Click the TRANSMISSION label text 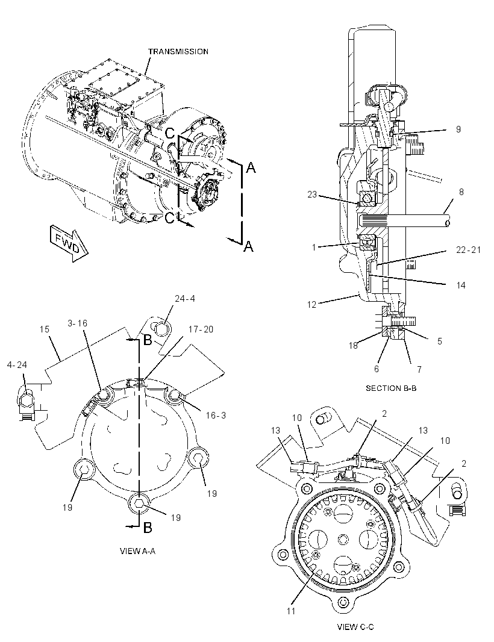point(178,52)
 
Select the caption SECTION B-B point(391,388)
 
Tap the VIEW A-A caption point(137,551)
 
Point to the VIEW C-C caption point(355,627)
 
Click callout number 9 point(458,129)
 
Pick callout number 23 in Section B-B point(312,195)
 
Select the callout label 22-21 point(469,249)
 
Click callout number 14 point(461,285)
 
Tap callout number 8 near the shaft point(461,192)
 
